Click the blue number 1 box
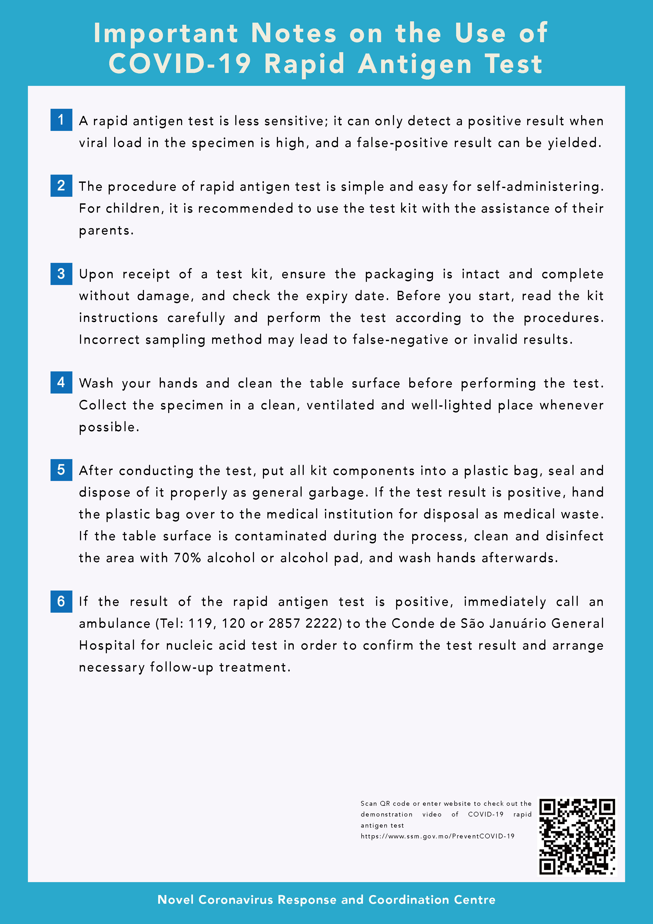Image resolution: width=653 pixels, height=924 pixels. pyautogui.click(x=61, y=120)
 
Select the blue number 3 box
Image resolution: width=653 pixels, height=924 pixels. pyautogui.click(x=61, y=274)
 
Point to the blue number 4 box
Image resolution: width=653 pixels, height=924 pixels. pyautogui.click(x=61, y=382)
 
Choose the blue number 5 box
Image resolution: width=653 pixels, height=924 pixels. pyautogui.click(x=61, y=470)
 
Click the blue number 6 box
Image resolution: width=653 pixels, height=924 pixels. pyautogui.click(x=61, y=601)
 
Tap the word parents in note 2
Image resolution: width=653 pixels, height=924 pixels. pyautogui.click(x=105, y=230)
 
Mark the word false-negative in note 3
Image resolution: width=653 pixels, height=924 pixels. pyautogui.click(x=400, y=340)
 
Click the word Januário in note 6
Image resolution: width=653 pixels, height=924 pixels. pyautogui.click(x=517, y=623)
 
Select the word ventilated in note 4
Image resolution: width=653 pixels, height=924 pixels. pyautogui.click(x=340, y=405)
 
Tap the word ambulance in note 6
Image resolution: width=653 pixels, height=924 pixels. pyautogui.click(x=114, y=624)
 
